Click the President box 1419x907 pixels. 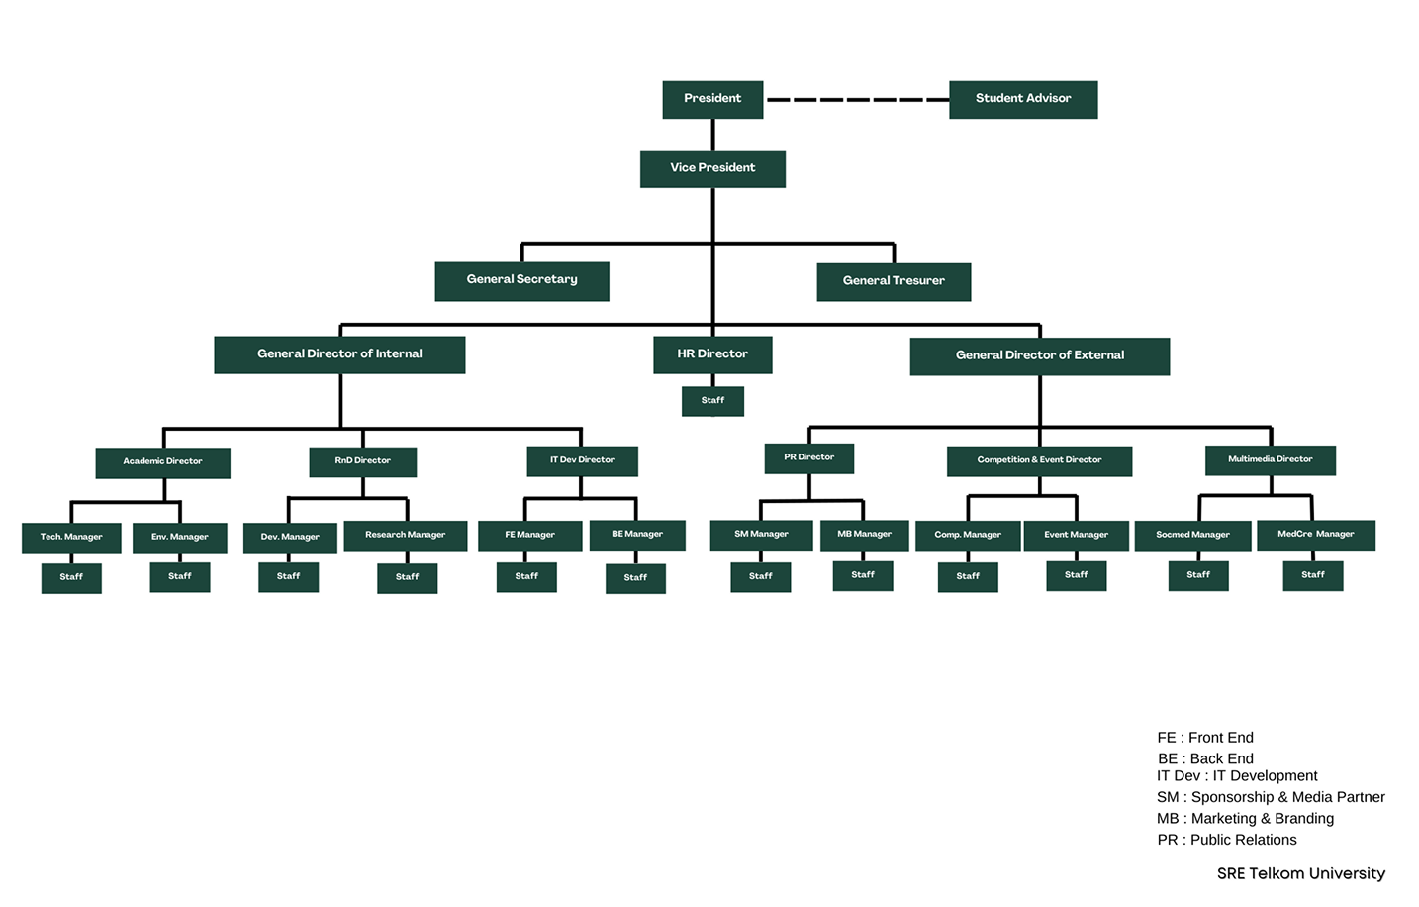[x=712, y=99]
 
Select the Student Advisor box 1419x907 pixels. [x=1023, y=99]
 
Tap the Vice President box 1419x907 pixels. [x=712, y=168]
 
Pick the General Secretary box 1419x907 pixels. [x=521, y=280]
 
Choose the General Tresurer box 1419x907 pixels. [x=894, y=281]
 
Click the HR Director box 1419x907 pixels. [x=712, y=354]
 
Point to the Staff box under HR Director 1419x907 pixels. [x=712, y=401]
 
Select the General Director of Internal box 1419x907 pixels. [x=339, y=354]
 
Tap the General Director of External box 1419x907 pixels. [x=1039, y=355]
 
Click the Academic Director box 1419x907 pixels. [x=162, y=462]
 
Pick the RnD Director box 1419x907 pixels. [x=362, y=461]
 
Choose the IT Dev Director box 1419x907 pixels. [x=582, y=460]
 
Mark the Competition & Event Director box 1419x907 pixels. [x=1039, y=460]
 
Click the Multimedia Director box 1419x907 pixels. [x=1270, y=459]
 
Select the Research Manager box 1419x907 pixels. [x=405, y=536]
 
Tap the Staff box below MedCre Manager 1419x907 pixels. [x=1312, y=575]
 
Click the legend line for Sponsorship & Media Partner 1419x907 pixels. [x=1270, y=797]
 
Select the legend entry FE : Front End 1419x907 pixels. [x=1204, y=738]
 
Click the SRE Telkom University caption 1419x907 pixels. [x=1300, y=873]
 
